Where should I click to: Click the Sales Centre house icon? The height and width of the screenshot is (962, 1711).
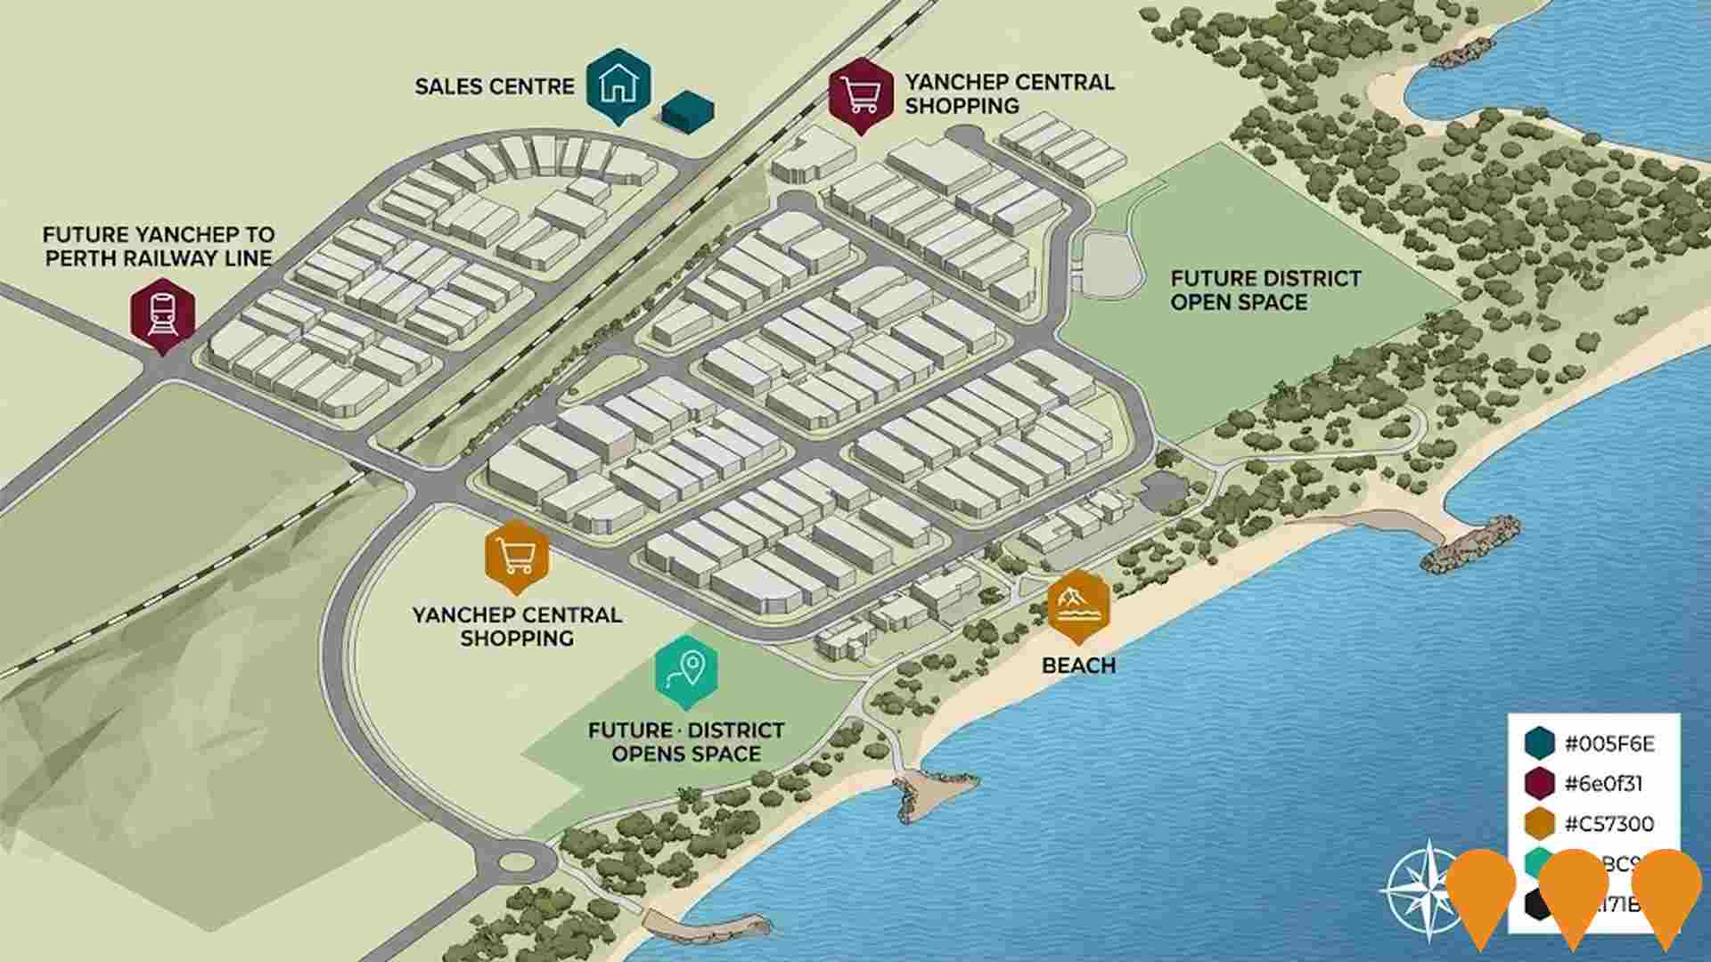pyautogui.click(x=618, y=83)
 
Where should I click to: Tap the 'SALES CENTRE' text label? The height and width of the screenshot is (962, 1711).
pyautogui.click(x=495, y=86)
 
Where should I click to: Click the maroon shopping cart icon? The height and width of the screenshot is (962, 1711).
pyautogui.click(x=860, y=92)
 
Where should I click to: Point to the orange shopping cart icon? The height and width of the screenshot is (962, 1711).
pyautogui.click(x=517, y=554)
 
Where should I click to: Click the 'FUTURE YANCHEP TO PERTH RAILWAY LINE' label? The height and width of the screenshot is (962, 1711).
pyautogui.click(x=159, y=247)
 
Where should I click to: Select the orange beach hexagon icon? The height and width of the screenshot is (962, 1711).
pyautogui.click(x=1078, y=605)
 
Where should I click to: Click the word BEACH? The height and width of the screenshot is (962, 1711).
pyautogui.click(x=1078, y=665)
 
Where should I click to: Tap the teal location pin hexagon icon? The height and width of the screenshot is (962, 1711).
pyautogui.click(x=686, y=668)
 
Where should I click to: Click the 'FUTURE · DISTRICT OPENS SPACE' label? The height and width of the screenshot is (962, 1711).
pyautogui.click(x=686, y=742)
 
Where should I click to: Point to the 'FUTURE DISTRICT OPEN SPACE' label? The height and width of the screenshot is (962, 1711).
pyautogui.click(x=1265, y=290)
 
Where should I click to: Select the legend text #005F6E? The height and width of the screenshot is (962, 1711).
pyautogui.click(x=1609, y=744)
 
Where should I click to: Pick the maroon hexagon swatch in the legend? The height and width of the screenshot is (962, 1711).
pyautogui.click(x=1539, y=784)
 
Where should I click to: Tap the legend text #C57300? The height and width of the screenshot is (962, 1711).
pyautogui.click(x=1609, y=823)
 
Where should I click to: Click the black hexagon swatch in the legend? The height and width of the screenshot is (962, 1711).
pyautogui.click(x=1537, y=905)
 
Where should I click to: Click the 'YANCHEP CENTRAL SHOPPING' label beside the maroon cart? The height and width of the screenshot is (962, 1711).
pyautogui.click(x=1010, y=94)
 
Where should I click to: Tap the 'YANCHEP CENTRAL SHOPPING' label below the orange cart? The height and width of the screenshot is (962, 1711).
pyautogui.click(x=517, y=626)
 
